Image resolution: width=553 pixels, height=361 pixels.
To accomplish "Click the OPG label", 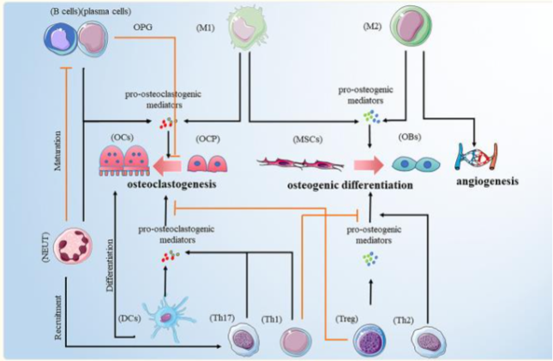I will coord(145,28).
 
